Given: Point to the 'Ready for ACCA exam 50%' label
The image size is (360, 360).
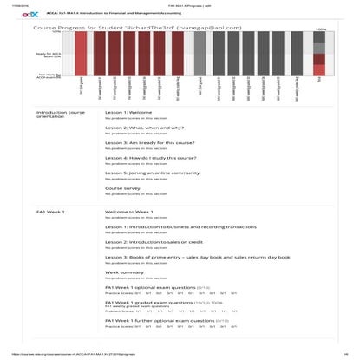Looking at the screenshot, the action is (x=48, y=55).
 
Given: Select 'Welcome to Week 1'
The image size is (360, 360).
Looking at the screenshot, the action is (x=129, y=212).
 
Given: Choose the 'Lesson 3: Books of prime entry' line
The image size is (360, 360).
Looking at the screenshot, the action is (x=187, y=257).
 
